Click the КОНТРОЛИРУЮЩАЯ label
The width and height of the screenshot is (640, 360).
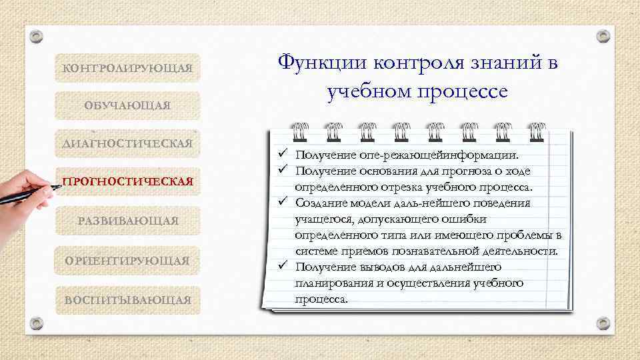127,68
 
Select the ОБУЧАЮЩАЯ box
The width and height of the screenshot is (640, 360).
127,105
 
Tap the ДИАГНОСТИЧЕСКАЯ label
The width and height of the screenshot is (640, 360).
127,143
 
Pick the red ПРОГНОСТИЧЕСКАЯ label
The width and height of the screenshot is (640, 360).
127,181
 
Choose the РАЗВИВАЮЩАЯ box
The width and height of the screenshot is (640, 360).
127,220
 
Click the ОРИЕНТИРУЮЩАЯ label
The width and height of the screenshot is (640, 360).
127,260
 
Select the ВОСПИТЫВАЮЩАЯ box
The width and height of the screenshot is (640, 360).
127,300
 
